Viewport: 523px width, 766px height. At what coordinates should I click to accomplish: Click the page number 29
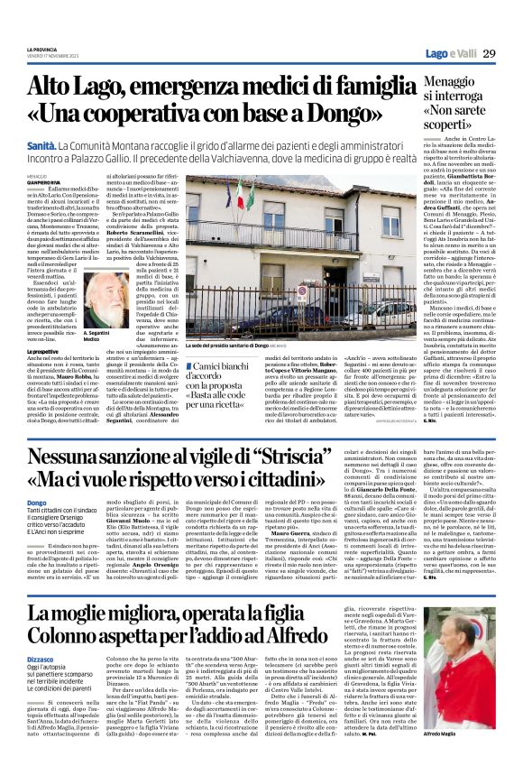(x=488, y=54)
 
